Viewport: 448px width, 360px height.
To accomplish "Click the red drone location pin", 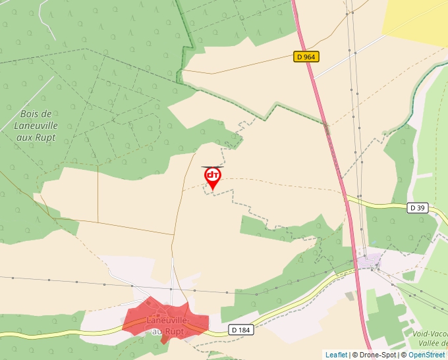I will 212,177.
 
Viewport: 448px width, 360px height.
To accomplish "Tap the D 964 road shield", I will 306,57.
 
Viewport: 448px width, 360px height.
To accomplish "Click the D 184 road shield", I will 242,329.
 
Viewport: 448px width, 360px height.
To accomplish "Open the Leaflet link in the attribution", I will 336,355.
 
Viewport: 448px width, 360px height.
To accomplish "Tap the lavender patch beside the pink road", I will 370,261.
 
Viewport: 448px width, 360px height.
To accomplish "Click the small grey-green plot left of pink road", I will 349,296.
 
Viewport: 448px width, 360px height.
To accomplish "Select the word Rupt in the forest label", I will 46,138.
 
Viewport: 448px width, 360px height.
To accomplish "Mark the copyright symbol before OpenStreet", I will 404,355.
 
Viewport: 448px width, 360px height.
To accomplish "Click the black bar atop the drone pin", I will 212,167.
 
